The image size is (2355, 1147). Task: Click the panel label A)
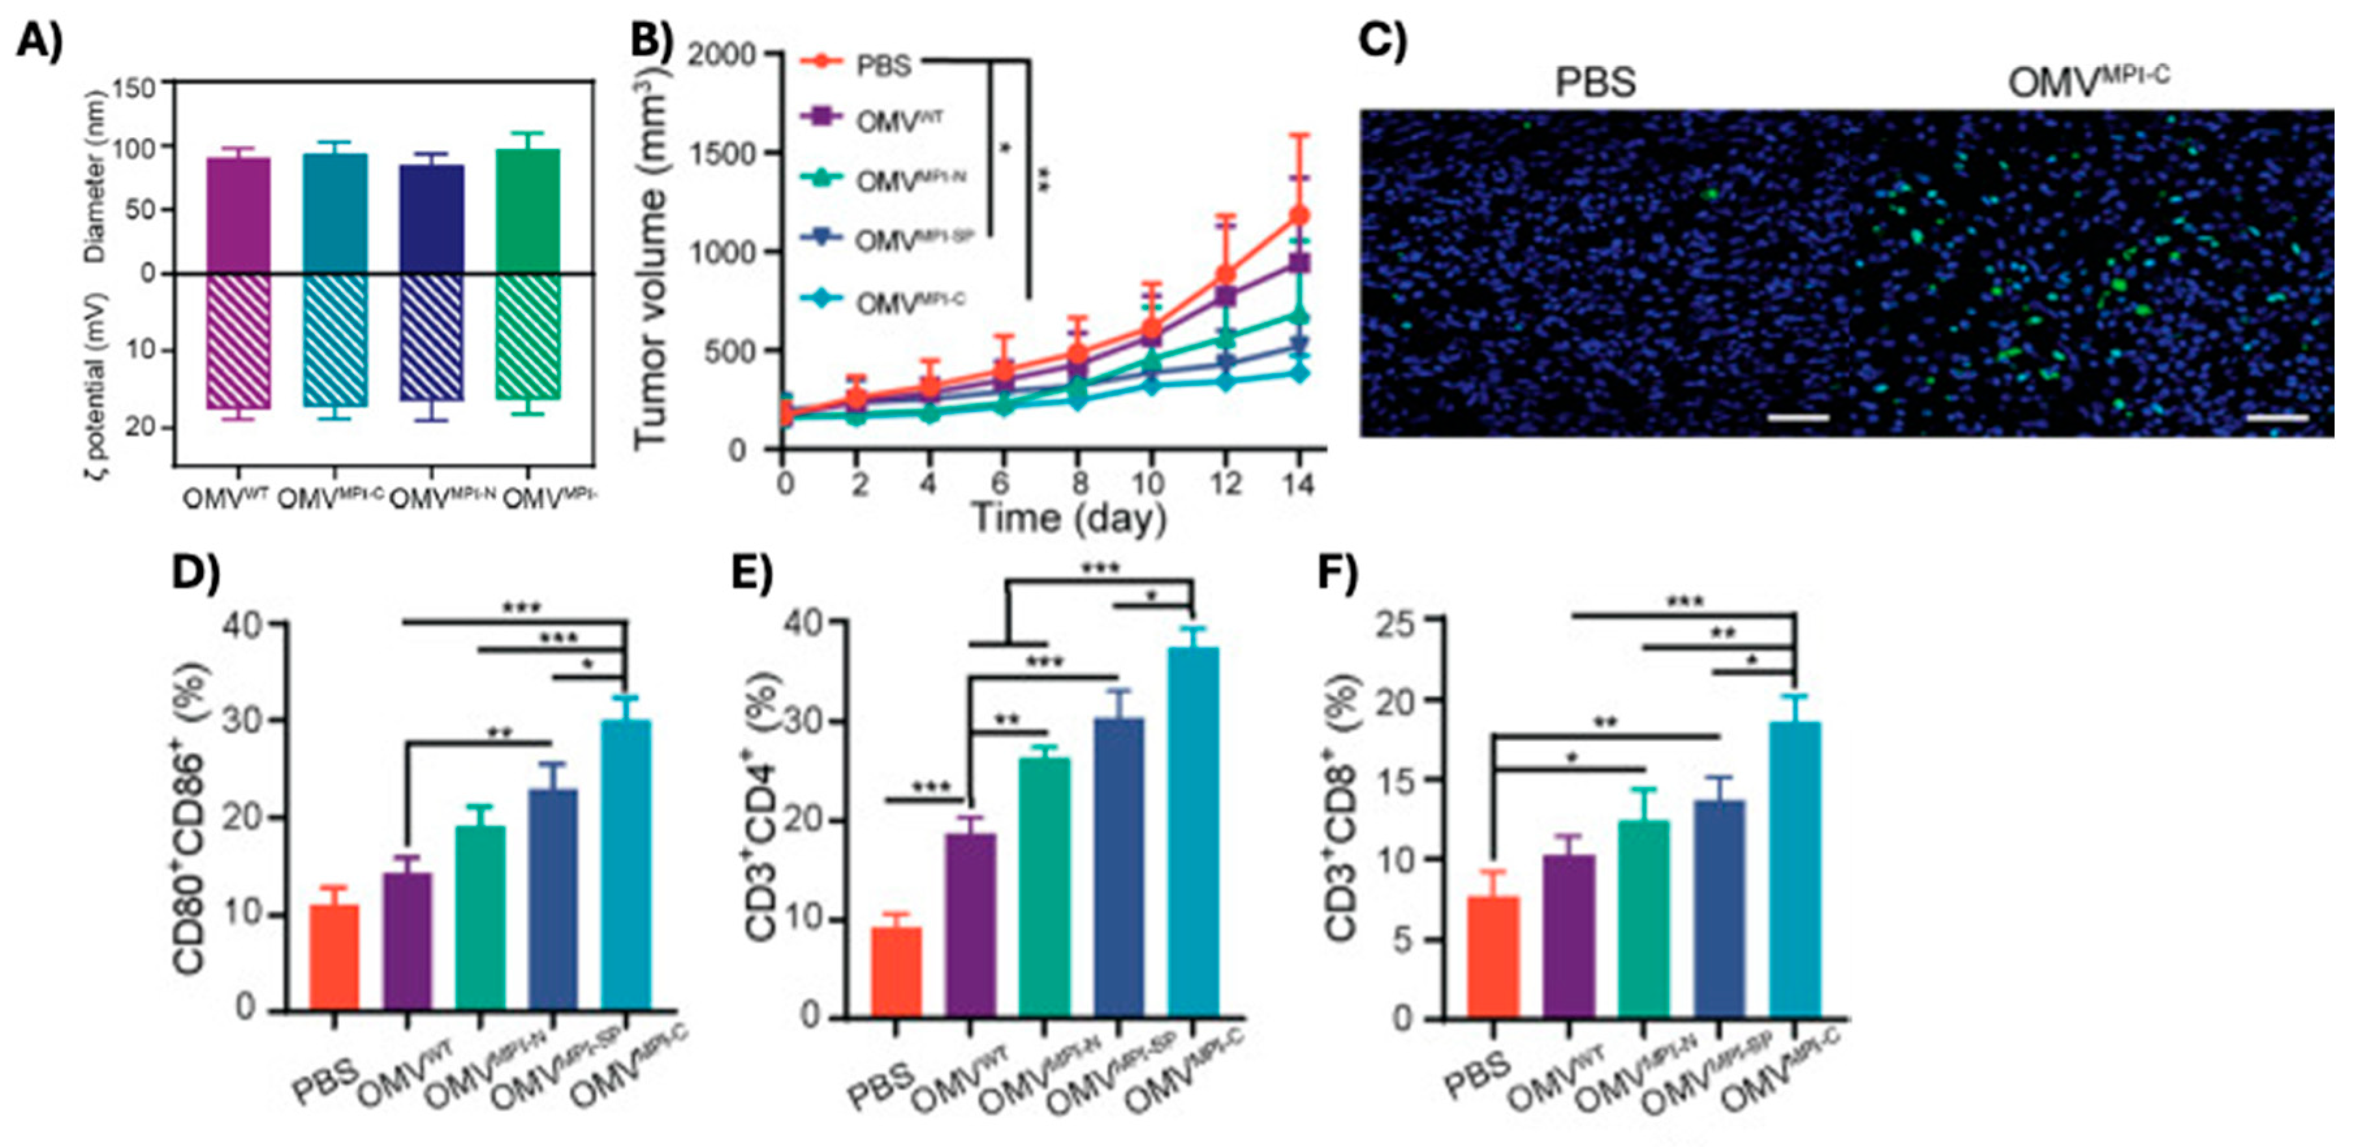39,41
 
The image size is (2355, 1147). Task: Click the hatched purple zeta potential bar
238,340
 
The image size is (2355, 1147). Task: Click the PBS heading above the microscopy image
1595,82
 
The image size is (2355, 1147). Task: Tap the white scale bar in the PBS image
1797,418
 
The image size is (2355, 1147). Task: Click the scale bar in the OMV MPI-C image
2276,418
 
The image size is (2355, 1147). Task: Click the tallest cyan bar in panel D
626,865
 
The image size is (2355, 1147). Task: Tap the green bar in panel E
1044,887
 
